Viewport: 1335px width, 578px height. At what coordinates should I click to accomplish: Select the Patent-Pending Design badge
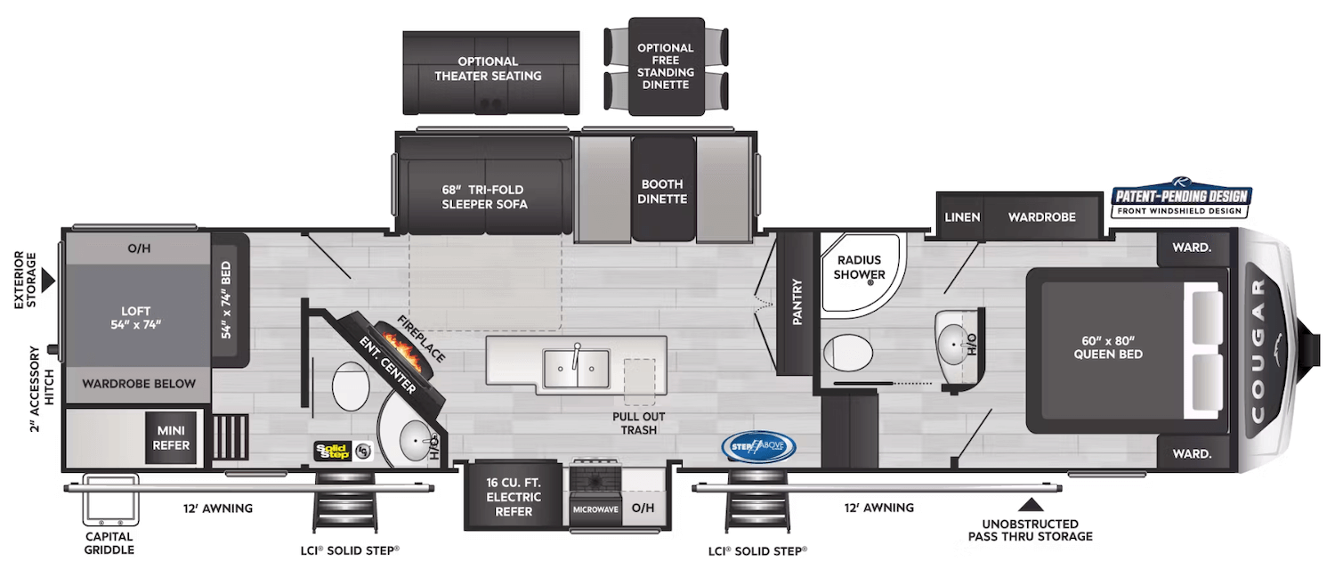coord(1181,201)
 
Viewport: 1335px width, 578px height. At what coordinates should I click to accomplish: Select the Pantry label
coord(797,303)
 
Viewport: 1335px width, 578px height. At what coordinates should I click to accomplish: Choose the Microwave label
coord(595,510)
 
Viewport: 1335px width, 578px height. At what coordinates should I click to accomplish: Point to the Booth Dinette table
coord(663,189)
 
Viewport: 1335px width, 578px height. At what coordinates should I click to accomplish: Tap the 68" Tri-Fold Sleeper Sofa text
coord(484,197)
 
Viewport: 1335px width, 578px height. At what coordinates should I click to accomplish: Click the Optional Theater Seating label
coord(488,69)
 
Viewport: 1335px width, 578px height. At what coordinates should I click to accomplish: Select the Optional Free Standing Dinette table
coord(665,66)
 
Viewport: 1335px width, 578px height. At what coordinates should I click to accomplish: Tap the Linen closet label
coord(962,217)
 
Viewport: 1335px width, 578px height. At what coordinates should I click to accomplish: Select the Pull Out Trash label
coord(639,423)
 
